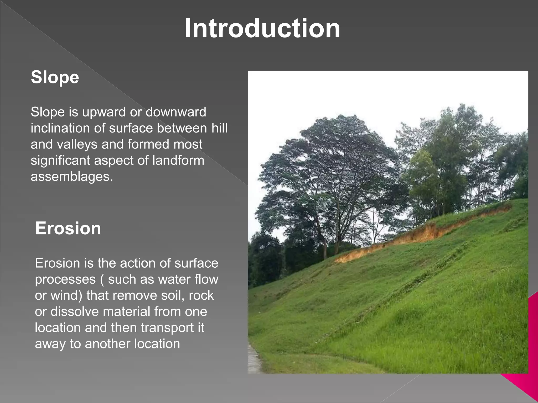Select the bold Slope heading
pyautogui.click(x=55, y=77)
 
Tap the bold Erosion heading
pyautogui.click(x=68, y=228)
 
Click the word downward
pyautogui.click(x=176, y=112)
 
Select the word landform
pyautogui.click(x=178, y=160)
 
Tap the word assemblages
pyautogui.click(x=71, y=176)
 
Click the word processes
pyautogui.click(x=65, y=279)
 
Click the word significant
pyautogui.click(x=60, y=160)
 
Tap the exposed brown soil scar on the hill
pyautogui.click(x=420, y=232)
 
